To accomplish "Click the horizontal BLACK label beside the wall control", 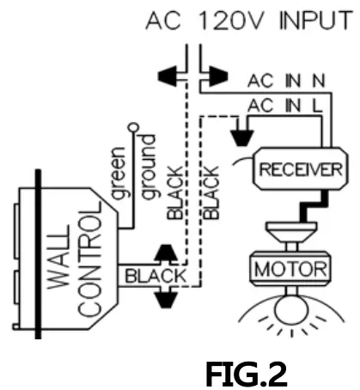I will click(x=155, y=277).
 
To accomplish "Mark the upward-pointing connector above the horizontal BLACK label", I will click(x=166, y=253).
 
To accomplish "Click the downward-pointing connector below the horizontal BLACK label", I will click(x=166, y=302).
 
